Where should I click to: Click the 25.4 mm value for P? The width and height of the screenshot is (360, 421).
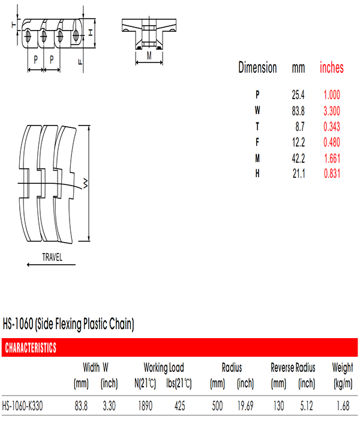pyautogui.click(x=298, y=95)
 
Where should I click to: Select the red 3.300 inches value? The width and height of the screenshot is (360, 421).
pyautogui.click(x=332, y=111)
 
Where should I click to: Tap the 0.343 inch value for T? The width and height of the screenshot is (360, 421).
pyautogui.click(x=332, y=127)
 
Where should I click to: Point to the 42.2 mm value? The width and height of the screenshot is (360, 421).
pyautogui.click(x=298, y=159)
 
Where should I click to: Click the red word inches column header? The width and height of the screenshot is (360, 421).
pyautogui.click(x=332, y=67)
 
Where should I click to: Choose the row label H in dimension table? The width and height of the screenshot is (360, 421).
pyautogui.click(x=257, y=174)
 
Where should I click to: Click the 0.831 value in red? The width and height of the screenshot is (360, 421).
pyautogui.click(x=332, y=174)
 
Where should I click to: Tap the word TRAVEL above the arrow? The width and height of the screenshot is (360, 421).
pyautogui.click(x=52, y=257)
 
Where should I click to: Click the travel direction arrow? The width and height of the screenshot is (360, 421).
pyautogui.click(x=51, y=265)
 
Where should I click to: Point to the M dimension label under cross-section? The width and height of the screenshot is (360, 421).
pyautogui.click(x=149, y=56)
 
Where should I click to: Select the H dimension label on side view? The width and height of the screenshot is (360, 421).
pyautogui.click(x=91, y=33)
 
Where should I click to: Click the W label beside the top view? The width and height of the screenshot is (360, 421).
pyautogui.click(x=85, y=183)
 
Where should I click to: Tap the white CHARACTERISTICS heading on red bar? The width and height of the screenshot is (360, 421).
pyautogui.click(x=31, y=348)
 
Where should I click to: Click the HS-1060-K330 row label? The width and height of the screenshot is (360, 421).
pyautogui.click(x=22, y=406)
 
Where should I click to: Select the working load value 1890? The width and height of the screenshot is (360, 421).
pyautogui.click(x=145, y=406)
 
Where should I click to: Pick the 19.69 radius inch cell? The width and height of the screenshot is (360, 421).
pyautogui.click(x=245, y=406)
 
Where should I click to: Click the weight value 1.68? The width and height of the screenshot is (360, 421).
pyautogui.click(x=343, y=406)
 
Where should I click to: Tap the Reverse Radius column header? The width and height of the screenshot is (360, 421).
pyautogui.click(x=293, y=368)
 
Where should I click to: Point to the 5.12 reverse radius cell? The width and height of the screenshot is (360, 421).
pyautogui.click(x=307, y=406)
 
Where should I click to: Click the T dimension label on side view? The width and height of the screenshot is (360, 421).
pyautogui.click(x=13, y=25)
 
